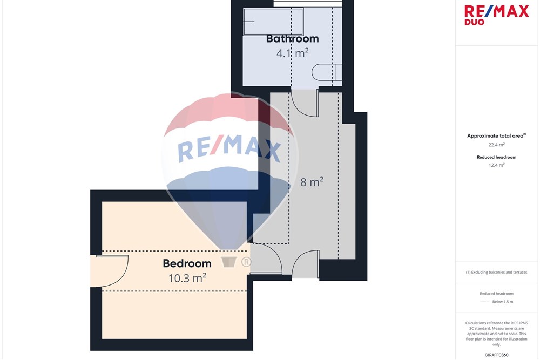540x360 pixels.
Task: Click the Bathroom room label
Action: click(292, 38)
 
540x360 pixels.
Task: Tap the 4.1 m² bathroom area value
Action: click(292, 53)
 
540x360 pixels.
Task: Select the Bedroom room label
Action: click(187, 263)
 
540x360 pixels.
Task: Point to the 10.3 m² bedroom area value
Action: click(187, 278)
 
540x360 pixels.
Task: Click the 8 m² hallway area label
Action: click(312, 182)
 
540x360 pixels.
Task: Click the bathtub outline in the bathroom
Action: click(273, 22)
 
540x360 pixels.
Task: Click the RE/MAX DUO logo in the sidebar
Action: click(496, 15)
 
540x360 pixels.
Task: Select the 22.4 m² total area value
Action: click(496, 145)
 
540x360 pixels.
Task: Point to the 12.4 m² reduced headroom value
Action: click(496, 165)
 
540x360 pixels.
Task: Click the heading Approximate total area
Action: click(496, 135)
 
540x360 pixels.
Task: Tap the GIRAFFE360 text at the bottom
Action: click(496, 355)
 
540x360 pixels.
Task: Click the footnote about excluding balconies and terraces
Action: click(496, 272)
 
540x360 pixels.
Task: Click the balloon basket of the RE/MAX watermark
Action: click(228, 262)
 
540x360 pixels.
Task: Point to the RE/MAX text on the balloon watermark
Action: click(229, 148)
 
